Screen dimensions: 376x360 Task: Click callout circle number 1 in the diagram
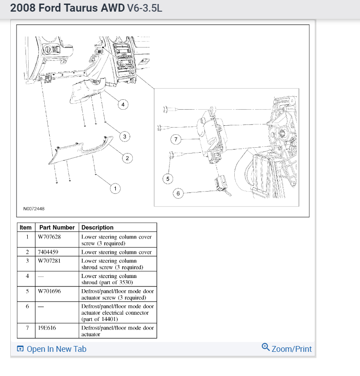115,189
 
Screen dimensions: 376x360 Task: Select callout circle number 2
127,158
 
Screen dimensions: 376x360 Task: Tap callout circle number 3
125,137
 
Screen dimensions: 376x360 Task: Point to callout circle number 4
123,105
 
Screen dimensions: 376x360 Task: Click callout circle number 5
168,179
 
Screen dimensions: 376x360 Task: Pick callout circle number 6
178,193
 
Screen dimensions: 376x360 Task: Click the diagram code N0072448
34,209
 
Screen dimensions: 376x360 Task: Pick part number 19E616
47,328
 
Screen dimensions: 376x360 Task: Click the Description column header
97,227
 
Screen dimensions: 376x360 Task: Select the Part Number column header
57,227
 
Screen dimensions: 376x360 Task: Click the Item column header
26,227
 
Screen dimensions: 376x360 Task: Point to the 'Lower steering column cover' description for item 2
116,252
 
